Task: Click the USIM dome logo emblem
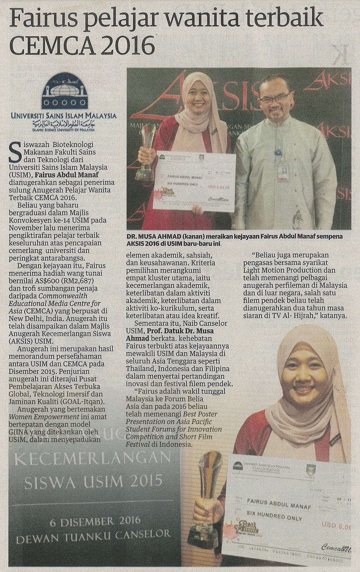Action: pos(64,92)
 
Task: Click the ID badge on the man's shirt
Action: pos(283,171)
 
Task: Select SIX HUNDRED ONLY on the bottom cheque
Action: pos(274,517)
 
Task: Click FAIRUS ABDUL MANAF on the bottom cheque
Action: pos(275,502)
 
